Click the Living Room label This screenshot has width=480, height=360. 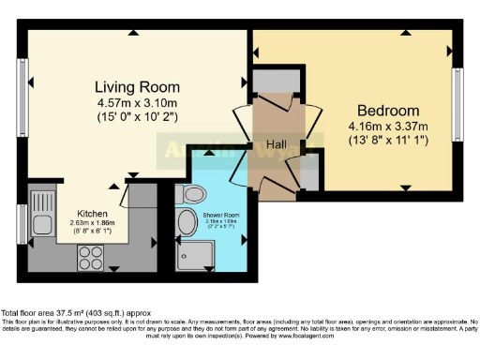137,87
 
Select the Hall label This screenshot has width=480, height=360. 275,146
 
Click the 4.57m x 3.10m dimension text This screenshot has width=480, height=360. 137,103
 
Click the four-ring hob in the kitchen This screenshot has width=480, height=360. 92,256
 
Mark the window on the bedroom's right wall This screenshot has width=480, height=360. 458,98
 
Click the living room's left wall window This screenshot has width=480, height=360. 22,97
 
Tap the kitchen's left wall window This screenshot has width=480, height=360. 22,224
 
